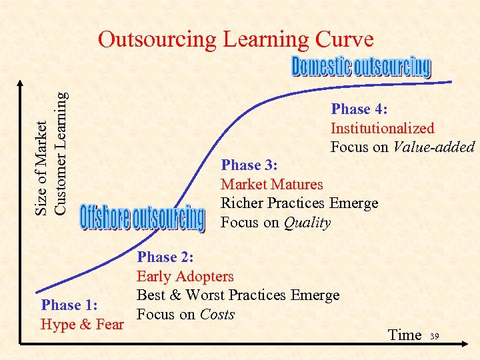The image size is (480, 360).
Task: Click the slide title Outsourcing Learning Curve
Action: coord(235,40)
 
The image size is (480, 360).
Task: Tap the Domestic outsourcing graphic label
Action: coord(361,67)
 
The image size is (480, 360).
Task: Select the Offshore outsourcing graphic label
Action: coord(142,218)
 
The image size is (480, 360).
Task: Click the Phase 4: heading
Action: coord(359,109)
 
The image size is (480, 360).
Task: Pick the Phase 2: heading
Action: coord(166,257)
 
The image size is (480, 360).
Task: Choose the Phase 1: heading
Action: coord(70,305)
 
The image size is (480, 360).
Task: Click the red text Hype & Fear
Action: coord(82,325)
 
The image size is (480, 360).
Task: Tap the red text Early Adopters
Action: coord(185,276)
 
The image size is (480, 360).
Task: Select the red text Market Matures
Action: coord(271,184)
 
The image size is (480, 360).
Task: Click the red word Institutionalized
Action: coord(382,129)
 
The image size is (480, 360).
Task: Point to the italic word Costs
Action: coord(217,315)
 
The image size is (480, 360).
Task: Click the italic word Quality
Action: coord(307,223)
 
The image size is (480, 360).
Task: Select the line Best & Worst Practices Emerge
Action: coord(238,295)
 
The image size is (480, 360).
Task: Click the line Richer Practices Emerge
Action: coord(299,203)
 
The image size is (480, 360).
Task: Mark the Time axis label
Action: coord(405,335)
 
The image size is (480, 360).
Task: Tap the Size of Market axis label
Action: coord(42,169)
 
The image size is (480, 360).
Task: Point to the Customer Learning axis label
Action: coord(60,153)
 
